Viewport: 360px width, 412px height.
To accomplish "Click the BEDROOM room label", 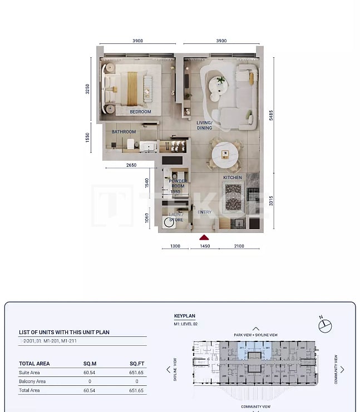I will pos(140,112).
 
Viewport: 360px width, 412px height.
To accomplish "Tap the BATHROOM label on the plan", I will pos(124,132).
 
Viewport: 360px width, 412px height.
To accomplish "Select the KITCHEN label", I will pos(233,177).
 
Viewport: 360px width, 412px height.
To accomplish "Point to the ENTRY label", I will pos(204,212).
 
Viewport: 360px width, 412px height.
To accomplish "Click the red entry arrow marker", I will pos(204,237).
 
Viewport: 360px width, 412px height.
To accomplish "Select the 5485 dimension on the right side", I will pos(271,115).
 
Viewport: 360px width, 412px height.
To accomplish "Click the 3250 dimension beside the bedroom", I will pos(87,89).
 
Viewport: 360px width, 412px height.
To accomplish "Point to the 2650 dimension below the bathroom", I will pos(131,165).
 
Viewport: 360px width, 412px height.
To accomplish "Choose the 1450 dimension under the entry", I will pos(204,246).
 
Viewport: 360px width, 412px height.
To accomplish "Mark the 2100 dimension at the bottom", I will pos(239,246).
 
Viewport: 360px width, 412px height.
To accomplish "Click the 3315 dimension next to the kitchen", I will pos(271,201).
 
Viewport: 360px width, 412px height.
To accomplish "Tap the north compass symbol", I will pos(325,326).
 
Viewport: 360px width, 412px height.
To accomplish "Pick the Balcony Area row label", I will pos(32,381).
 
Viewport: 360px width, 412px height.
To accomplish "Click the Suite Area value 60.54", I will pos(90,373).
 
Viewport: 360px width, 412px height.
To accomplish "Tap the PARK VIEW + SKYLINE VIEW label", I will pos(256,335).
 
